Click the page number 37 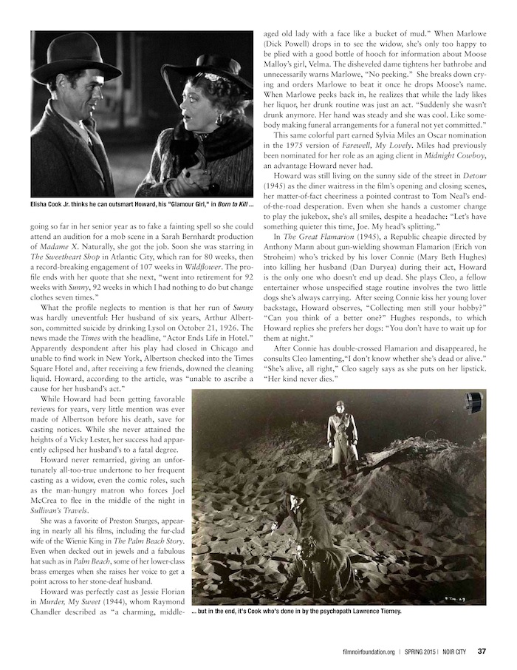click(x=481, y=652)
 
